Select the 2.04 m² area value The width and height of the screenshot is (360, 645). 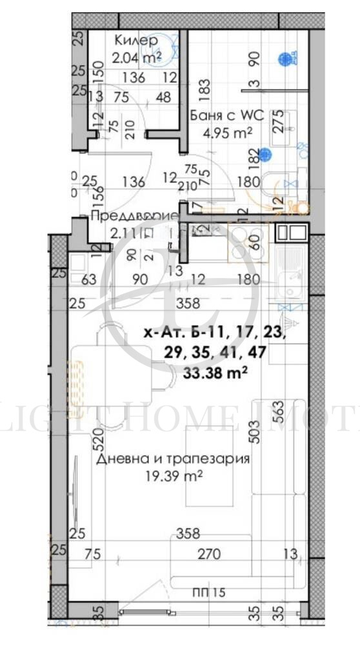(136, 57)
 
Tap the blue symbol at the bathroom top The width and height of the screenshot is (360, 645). (283, 59)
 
